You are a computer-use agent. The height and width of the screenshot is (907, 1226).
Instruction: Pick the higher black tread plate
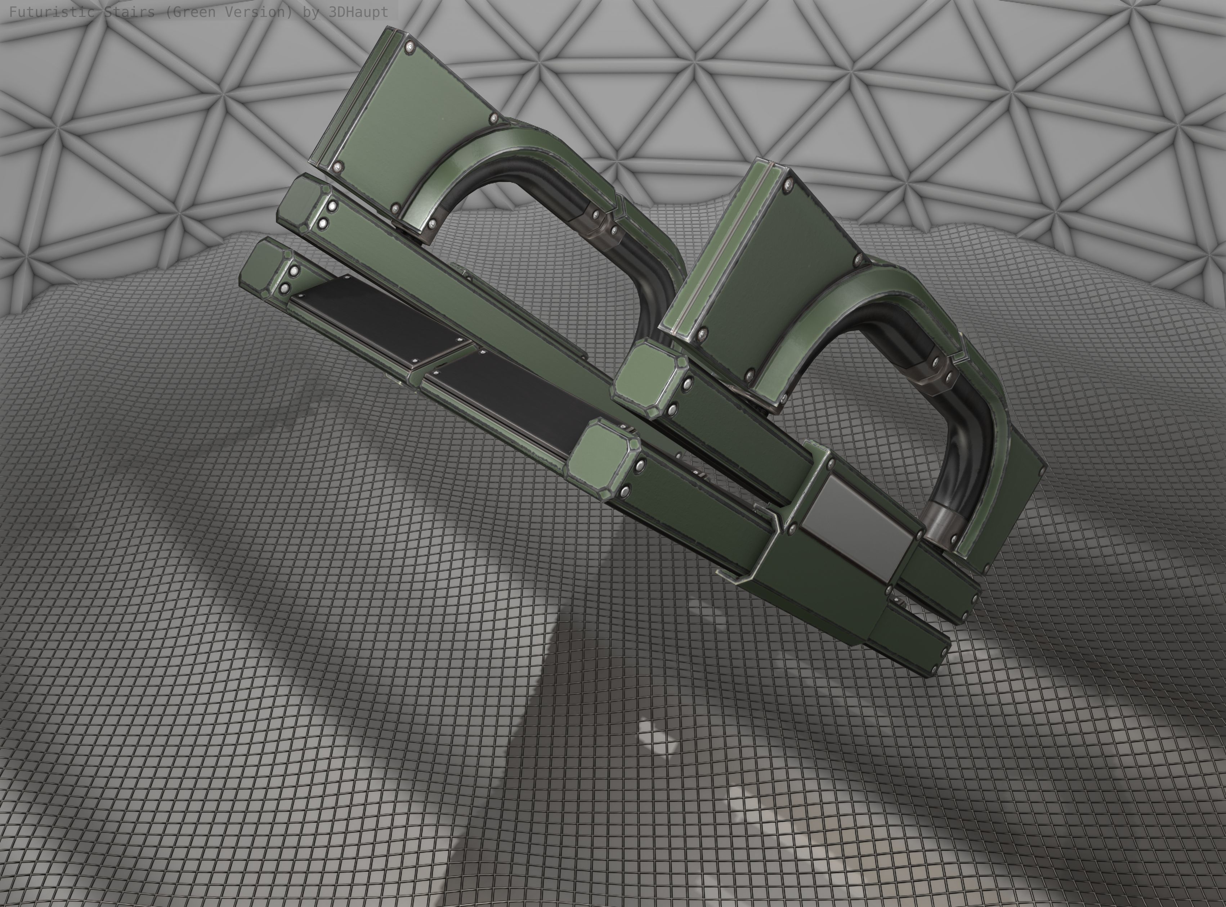(379, 319)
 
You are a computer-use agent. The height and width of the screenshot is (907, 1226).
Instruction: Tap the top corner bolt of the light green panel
(410, 48)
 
